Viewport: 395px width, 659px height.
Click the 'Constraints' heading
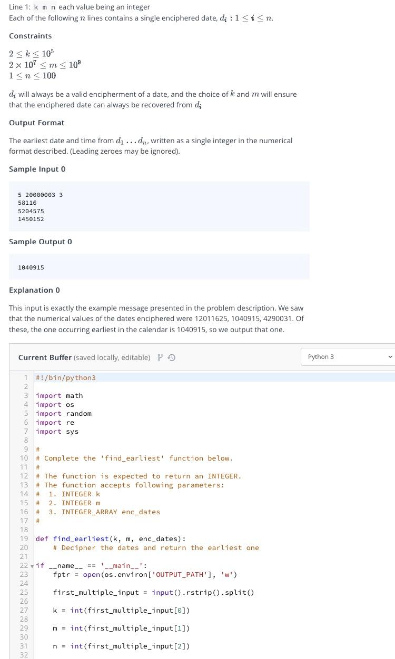tap(30, 36)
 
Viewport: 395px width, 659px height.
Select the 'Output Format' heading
tap(36, 123)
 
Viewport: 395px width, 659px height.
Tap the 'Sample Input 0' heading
tap(37, 169)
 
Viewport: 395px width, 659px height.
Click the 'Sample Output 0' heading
tap(40, 242)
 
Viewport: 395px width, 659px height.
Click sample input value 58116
tap(27, 203)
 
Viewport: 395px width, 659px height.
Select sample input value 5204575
tap(31, 211)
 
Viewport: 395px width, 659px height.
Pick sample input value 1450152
tap(31, 219)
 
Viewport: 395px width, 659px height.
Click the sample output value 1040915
tap(31, 267)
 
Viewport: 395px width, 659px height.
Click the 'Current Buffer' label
tap(45, 357)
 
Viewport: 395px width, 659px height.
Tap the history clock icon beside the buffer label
tap(172, 357)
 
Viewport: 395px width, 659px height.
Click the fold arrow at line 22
tap(32, 566)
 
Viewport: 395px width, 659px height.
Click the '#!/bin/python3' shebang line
tap(66, 377)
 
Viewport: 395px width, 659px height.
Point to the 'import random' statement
tap(64, 413)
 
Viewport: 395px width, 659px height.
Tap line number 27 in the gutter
tap(24, 610)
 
